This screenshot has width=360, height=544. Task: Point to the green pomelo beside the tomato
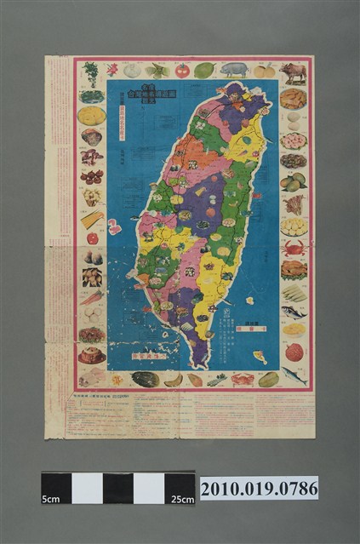[204, 71]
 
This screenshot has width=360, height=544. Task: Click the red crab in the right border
[294, 248]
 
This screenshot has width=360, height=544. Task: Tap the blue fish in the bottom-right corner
[294, 375]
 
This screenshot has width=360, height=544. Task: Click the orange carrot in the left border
[92, 297]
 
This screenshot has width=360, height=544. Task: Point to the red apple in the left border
[92, 238]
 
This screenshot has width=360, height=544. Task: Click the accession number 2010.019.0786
[259, 488]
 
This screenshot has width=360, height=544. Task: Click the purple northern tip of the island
[236, 94]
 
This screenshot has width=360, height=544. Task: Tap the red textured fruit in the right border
[294, 352]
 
